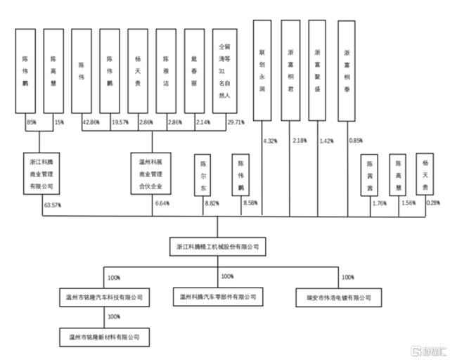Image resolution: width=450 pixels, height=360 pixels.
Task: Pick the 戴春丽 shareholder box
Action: tap(193, 71)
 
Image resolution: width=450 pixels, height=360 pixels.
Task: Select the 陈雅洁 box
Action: tap(165, 71)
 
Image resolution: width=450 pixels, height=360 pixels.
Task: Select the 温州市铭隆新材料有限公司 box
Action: tap(105, 338)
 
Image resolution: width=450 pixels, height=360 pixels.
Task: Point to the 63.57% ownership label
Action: tap(51, 204)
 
